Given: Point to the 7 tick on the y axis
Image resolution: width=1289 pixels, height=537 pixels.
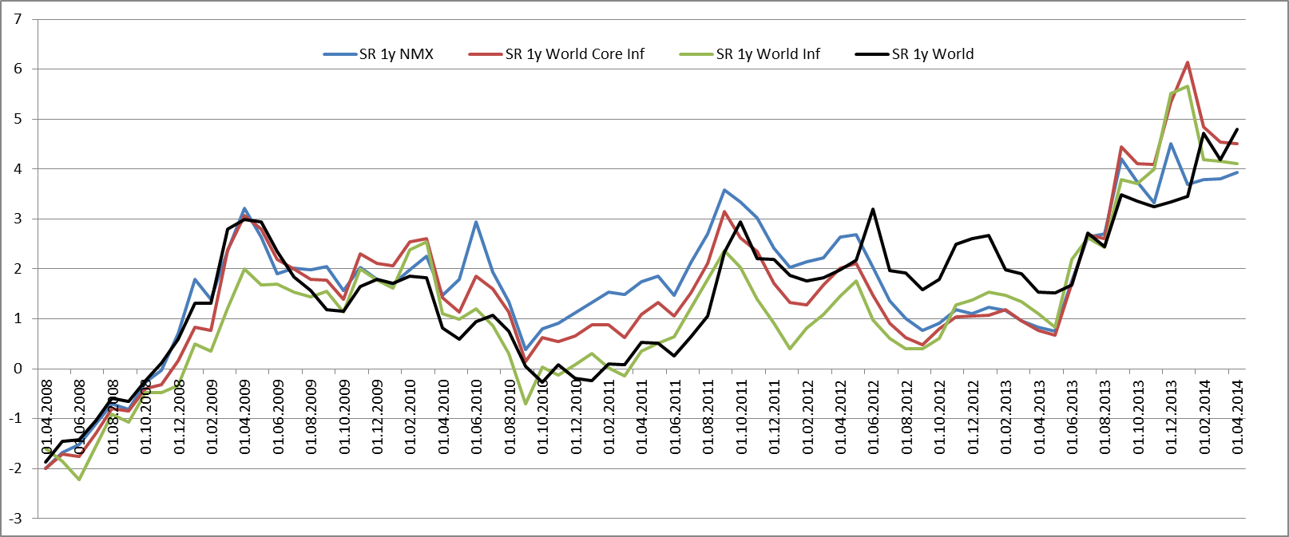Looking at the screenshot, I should pos(18,18).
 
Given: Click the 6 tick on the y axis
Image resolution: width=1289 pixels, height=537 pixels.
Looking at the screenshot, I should pos(18,69).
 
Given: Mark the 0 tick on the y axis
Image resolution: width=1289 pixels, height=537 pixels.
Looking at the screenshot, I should pos(18,369).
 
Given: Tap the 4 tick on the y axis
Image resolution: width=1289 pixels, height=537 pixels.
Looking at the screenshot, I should pos(18,168).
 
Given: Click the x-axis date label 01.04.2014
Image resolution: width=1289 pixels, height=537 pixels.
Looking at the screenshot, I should pos(1237,417).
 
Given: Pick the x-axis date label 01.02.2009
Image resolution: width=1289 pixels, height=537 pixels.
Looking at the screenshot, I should pos(212,417).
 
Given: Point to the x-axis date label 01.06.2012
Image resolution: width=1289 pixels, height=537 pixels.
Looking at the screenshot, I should pos(873,417).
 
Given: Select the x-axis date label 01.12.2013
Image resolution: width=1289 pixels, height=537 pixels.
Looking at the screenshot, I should pos(1171,417).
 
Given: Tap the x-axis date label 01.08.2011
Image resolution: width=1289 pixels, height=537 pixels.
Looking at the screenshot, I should pos(708,417).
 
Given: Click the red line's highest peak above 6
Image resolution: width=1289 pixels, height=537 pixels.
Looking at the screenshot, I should pos(1188,62).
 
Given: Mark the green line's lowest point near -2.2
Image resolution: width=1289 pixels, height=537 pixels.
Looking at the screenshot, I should pos(79,480).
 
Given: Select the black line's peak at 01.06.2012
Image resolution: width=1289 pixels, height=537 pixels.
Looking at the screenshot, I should pos(873,209).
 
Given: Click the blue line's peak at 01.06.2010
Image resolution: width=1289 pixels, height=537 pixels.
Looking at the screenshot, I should pos(476,222).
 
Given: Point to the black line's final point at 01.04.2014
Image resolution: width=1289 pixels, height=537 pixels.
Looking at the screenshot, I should pos(1237,129).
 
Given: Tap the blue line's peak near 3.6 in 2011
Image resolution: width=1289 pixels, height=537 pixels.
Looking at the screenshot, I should pos(724,190).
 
